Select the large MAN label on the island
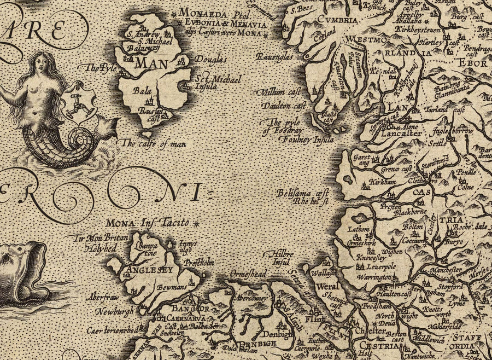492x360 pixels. [151, 63]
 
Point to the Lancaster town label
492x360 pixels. [402, 133]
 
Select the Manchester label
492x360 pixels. [442, 270]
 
